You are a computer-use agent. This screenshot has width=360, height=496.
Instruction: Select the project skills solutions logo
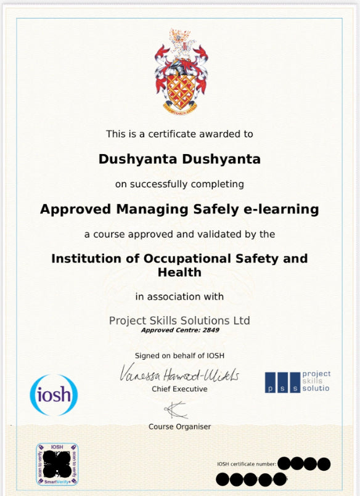click(x=297, y=381)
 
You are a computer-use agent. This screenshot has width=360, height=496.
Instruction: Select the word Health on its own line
click(x=179, y=272)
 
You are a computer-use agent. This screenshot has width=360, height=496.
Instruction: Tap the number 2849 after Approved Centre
click(x=210, y=330)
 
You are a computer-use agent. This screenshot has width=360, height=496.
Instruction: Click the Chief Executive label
click(x=179, y=389)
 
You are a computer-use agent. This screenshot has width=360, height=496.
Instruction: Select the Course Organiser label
click(x=179, y=426)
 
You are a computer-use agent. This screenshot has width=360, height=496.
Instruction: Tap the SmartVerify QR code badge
click(x=57, y=463)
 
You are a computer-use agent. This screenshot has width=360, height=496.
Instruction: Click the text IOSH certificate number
click(x=246, y=464)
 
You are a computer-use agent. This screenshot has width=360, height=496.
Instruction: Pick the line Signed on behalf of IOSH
click(x=179, y=356)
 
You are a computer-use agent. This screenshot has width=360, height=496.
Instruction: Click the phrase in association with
click(x=179, y=297)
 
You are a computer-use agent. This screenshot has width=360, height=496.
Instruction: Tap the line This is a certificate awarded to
click(x=179, y=134)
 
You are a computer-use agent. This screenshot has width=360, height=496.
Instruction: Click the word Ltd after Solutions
click(x=242, y=320)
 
